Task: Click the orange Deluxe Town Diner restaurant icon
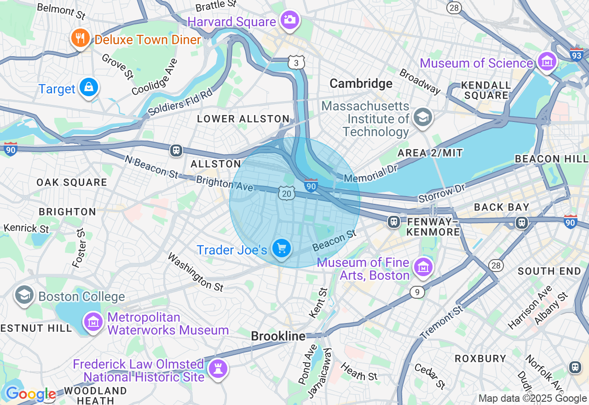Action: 81,38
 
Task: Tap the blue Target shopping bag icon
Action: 88,87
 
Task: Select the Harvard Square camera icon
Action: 290,20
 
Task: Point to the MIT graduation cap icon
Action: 422,117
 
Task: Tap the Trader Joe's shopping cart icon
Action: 281,249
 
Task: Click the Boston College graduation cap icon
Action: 24,295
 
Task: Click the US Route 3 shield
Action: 296,63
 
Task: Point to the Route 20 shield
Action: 286,194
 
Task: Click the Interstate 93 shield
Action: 577,55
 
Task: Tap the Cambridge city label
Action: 361,83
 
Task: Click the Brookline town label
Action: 278,336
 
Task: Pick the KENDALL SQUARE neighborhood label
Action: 486,91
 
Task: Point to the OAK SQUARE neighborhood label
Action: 72,182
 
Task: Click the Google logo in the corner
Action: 30,394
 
